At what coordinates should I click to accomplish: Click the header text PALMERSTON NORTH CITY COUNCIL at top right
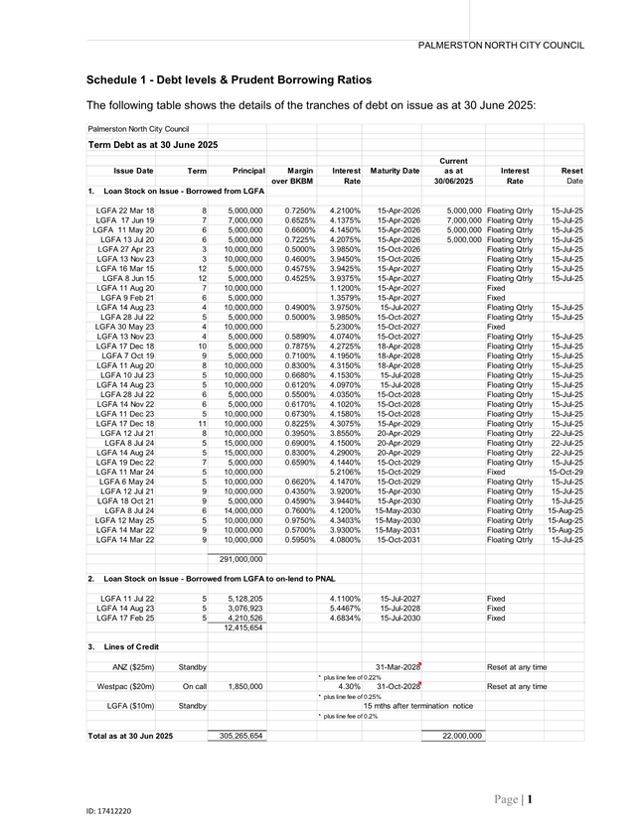(x=501, y=46)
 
